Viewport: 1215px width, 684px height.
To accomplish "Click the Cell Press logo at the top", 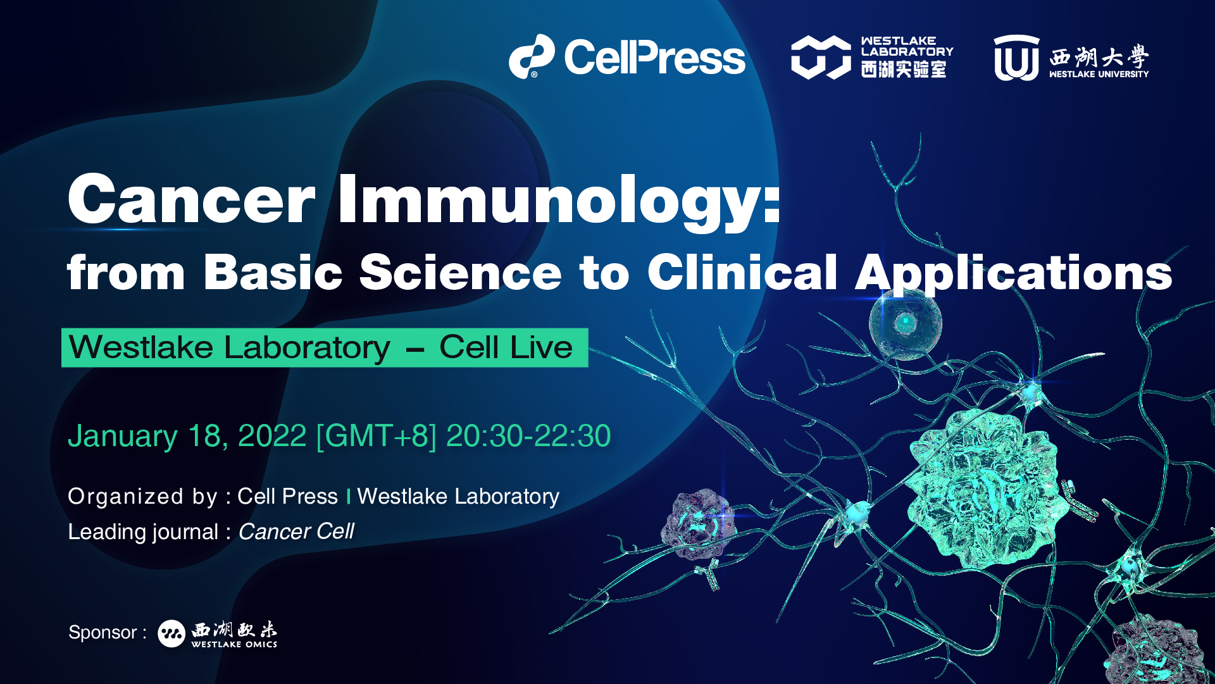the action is pyautogui.click(x=627, y=57).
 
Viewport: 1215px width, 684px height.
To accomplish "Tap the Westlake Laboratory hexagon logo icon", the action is pyautogui.click(x=821, y=57).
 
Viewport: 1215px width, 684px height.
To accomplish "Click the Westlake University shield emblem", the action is pyautogui.click(x=1016, y=58).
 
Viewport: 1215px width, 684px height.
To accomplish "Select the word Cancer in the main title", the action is pyautogui.click(x=191, y=199).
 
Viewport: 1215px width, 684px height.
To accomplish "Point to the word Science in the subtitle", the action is pyautogui.click(x=461, y=272).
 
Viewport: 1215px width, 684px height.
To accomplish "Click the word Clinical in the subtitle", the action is pyautogui.click(x=742, y=271).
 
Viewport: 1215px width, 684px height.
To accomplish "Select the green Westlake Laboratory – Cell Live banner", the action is pyautogui.click(x=325, y=347).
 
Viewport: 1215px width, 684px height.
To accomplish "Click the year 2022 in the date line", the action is pyautogui.click(x=272, y=436).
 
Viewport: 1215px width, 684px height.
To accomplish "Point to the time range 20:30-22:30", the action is pyautogui.click(x=528, y=436).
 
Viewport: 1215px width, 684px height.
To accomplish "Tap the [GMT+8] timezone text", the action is pyautogui.click(x=377, y=436).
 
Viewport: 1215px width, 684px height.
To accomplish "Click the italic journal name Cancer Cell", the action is pyautogui.click(x=296, y=532).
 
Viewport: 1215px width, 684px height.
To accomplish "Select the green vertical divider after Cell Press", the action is pyautogui.click(x=348, y=497).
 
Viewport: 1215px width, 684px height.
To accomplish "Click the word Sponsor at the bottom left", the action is pyautogui.click(x=103, y=632).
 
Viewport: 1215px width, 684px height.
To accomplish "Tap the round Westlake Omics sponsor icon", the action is pyautogui.click(x=171, y=633).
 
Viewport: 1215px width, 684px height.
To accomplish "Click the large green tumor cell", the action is pyautogui.click(x=981, y=487).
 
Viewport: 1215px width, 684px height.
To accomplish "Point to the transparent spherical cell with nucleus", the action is pyautogui.click(x=906, y=324).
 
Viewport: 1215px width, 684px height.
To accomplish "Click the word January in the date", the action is pyautogui.click(x=123, y=437).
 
